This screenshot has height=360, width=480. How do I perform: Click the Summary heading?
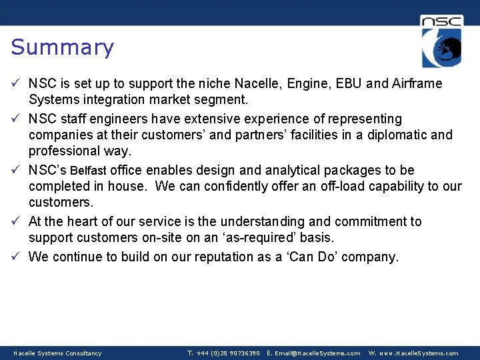(x=63, y=47)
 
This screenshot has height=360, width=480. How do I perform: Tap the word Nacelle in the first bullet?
(x=257, y=84)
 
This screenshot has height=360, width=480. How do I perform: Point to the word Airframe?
(x=417, y=84)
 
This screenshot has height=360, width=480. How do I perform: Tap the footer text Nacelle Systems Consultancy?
(x=58, y=353)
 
